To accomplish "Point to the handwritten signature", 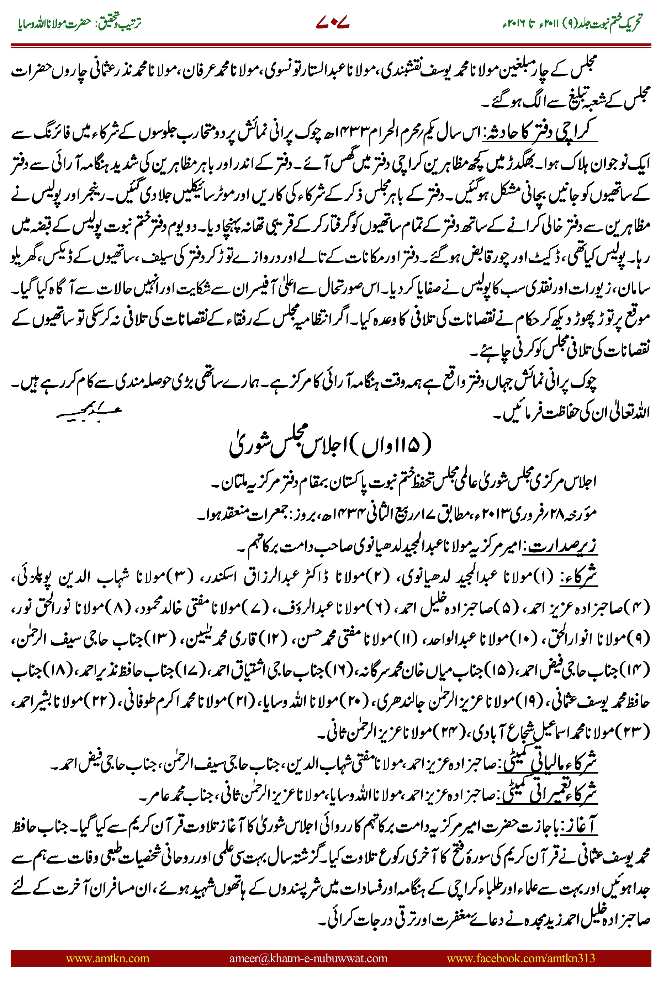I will [x=89, y=412].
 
